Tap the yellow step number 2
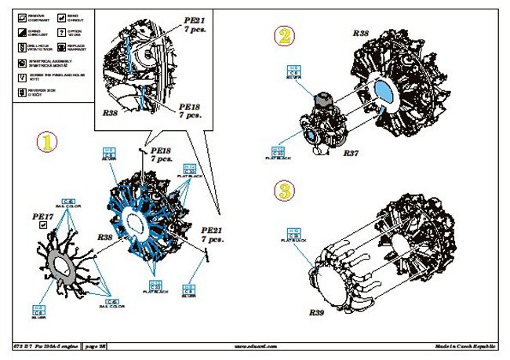284,35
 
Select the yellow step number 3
284,191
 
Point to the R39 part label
316,312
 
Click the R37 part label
350,155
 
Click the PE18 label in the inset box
190,110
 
